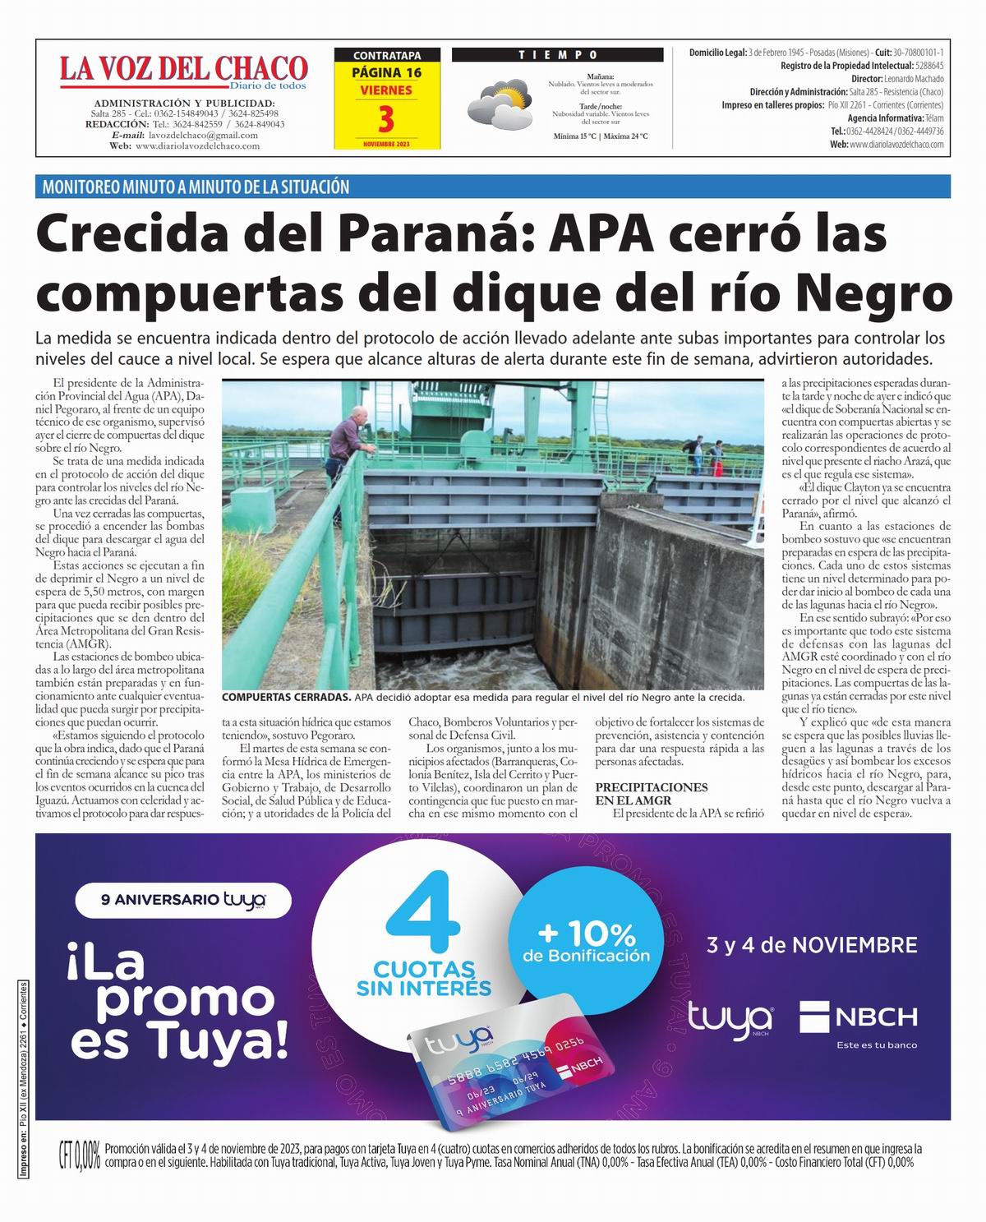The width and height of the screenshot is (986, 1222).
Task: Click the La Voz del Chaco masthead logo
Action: pyautogui.click(x=183, y=70)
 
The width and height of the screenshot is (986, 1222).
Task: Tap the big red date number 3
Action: pyautogui.click(x=386, y=120)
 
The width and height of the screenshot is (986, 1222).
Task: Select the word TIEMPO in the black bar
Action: pyautogui.click(x=558, y=55)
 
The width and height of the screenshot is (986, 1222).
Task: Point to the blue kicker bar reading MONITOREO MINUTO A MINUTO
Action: pyautogui.click(x=196, y=187)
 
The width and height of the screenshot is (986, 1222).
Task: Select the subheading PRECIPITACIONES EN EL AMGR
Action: pyautogui.click(x=651, y=793)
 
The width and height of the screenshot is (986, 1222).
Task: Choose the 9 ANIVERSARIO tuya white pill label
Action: pyautogui.click(x=183, y=900)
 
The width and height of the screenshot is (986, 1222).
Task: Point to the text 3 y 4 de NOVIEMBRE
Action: pyautogui.click(x=812, y=945)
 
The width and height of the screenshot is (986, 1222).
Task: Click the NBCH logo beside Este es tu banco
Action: pyautogui.click(x=859, y=1017)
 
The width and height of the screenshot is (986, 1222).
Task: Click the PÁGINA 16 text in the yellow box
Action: pyautogui.click(x=386, y=72)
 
